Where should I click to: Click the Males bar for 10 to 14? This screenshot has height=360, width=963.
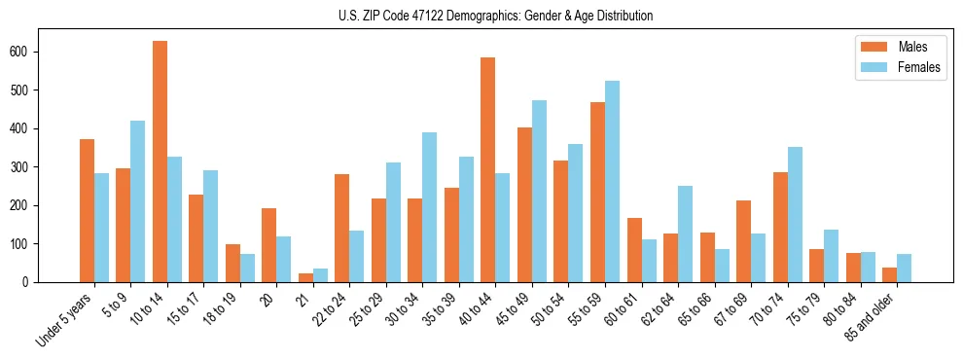[160, 162]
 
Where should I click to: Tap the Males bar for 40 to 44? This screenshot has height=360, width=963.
[488, 170]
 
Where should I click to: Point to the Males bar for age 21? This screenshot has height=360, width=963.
[305, 277]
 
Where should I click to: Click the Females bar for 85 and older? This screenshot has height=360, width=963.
[904, 269]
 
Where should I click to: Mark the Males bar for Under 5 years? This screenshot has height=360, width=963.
[87, 211]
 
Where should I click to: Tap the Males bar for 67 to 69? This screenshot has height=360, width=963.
[743, 241]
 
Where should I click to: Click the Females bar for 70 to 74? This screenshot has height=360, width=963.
[795, 215]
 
